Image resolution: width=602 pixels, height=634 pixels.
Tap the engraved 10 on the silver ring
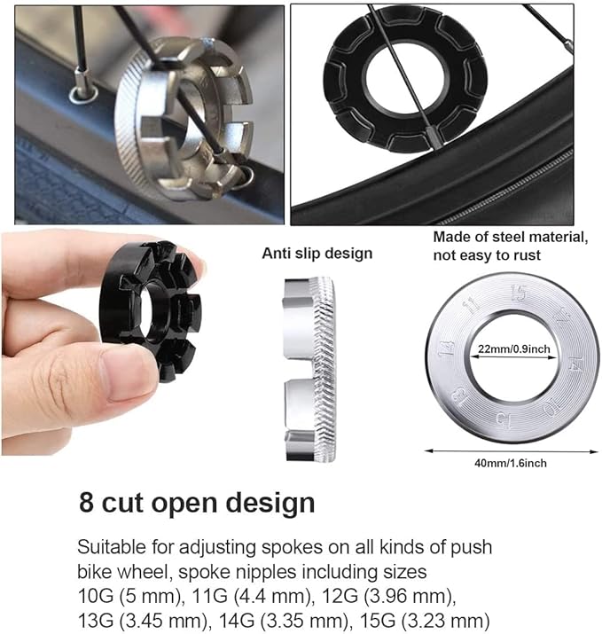tap(551, 409)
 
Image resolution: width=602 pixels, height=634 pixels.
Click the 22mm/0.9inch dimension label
tap(514, 349)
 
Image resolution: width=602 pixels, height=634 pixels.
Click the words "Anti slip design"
tap(317, 254)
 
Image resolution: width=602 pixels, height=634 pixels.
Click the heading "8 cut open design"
tap(197, 504)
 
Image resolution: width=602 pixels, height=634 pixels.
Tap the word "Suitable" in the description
tap(112, 546)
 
